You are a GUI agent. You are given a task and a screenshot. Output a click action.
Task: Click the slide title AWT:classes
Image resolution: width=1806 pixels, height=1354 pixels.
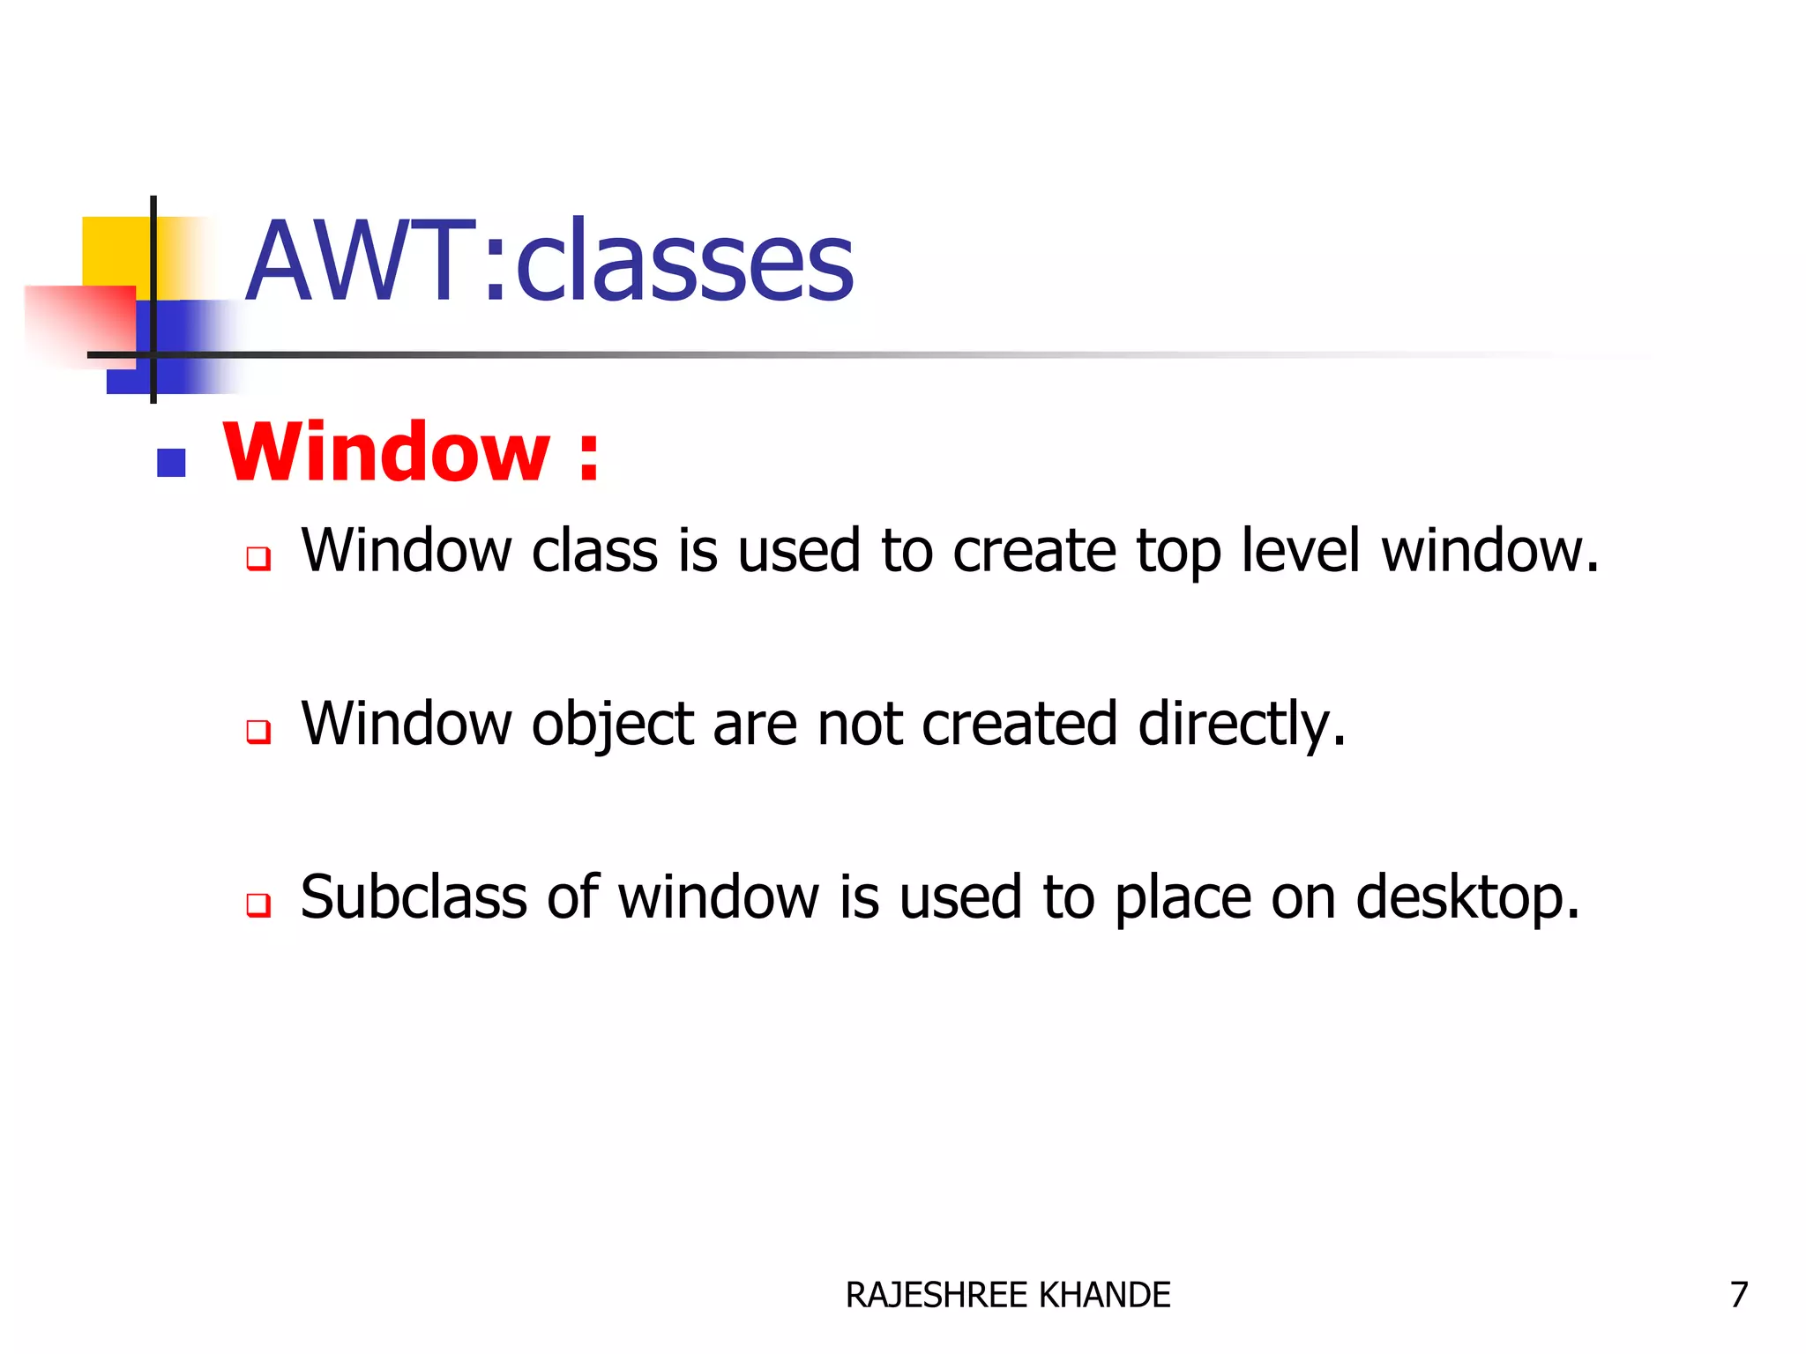[x=550, y=262]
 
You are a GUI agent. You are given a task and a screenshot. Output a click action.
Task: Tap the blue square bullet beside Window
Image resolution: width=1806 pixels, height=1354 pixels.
[x=171, y=463]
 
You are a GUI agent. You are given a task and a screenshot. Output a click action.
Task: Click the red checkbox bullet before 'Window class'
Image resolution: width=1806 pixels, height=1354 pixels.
[x=258, y=558]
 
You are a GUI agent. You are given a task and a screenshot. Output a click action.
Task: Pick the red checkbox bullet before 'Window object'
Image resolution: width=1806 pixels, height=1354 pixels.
[x=258, y=731]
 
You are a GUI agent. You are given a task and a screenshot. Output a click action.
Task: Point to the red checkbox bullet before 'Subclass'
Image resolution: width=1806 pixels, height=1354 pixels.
[x=258, y=904]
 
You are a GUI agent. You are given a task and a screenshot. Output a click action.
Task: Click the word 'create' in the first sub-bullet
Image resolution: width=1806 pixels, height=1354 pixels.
[x=1034, y=551]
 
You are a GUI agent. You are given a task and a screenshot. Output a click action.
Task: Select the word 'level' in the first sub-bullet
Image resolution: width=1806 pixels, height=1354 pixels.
[x=1301, y=551]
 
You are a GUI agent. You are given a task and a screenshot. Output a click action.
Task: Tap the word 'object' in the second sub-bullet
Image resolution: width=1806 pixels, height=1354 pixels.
[x=613, y=725]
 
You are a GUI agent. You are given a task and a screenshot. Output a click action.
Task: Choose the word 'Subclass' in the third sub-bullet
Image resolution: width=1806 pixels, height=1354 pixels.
[x=414, y=897]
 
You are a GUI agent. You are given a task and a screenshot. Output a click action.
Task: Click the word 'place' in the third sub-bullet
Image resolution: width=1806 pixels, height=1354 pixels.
[x=1182, y=899]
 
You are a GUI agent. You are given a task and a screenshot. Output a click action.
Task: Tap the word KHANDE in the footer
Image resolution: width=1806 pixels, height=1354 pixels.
[x=1105, y=1295]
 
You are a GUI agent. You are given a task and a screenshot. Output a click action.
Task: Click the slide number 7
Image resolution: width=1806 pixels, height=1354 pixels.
[x=1738, y=1295]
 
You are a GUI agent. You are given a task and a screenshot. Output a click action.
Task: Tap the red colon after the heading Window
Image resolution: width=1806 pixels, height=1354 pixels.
[x=589, y=456]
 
